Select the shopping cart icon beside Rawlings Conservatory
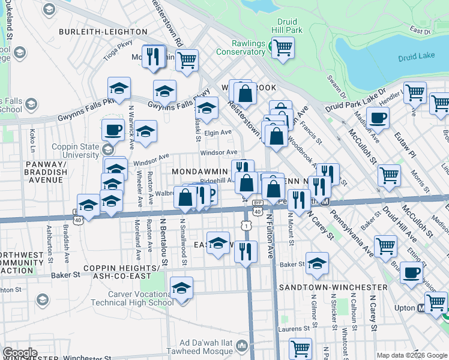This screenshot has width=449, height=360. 283,47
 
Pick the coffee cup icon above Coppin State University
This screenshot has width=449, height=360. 112,129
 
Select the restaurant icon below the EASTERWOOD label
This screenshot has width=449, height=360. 245,251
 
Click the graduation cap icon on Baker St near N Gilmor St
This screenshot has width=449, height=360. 317,262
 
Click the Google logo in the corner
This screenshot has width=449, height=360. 20,353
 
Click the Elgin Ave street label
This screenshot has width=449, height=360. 218,133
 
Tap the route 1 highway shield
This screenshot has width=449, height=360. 246,224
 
